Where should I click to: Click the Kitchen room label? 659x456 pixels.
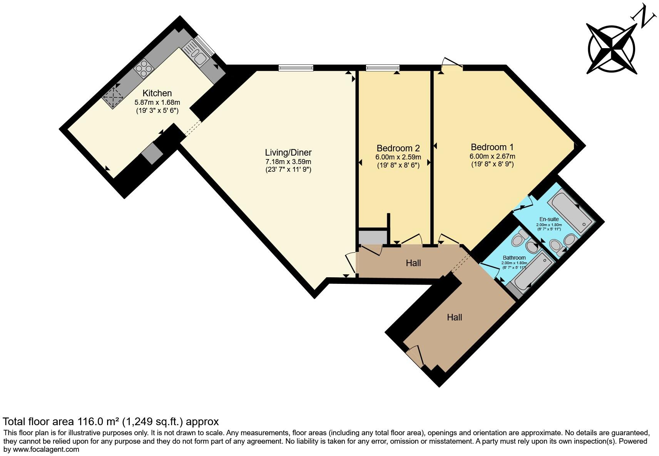157,93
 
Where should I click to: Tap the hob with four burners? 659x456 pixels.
144,69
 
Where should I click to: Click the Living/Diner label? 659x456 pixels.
288,153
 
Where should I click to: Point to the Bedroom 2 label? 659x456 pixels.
398,148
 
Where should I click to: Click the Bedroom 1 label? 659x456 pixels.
492,147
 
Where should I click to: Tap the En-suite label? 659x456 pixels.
549,219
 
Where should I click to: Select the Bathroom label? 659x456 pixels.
514,258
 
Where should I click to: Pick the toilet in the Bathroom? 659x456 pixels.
517,240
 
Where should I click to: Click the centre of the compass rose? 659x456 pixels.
612,50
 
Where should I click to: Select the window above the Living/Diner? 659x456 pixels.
296,68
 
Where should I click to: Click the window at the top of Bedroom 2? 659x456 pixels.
383,68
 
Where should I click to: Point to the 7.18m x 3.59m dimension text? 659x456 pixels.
288,162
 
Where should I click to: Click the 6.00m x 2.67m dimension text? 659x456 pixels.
492,156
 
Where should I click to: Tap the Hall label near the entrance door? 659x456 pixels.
454,317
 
